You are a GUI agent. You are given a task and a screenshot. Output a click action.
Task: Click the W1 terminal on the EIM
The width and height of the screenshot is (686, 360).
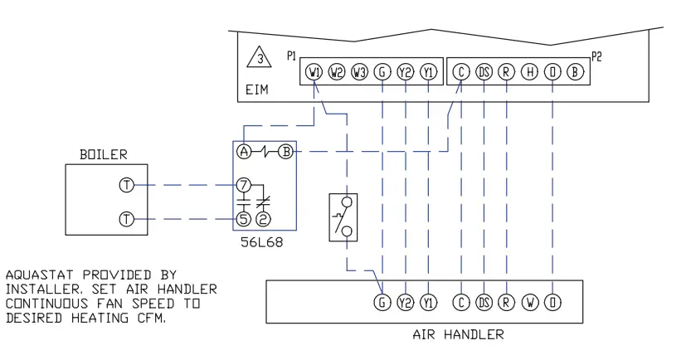(x=314, y=72)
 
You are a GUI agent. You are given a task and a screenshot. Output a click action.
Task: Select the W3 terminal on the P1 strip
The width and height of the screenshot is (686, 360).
(x=359, y=72)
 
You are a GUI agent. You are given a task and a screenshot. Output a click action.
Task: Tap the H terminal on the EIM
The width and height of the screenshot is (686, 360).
(x=528, y=72)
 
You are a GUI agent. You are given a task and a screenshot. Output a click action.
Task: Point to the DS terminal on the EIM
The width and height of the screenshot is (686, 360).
(x=484, y=72)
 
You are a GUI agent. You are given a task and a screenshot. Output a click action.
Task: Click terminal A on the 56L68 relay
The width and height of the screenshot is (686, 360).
(x=244, y=152)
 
